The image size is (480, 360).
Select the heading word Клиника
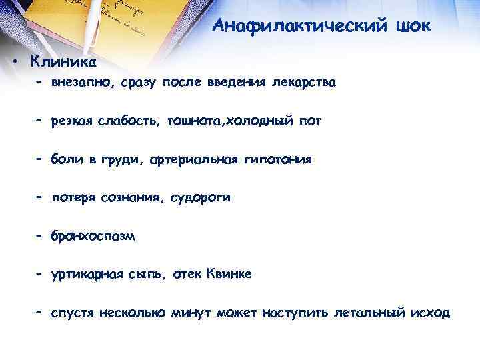(x=63, y=62)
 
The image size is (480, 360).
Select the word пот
(x=293, y=122)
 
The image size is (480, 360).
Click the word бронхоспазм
(x=93, y=236)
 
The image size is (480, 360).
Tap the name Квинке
(x=230, y=274)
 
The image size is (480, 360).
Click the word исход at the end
(x=431, y=312)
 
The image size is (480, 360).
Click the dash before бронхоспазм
(x=40, y=235)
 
